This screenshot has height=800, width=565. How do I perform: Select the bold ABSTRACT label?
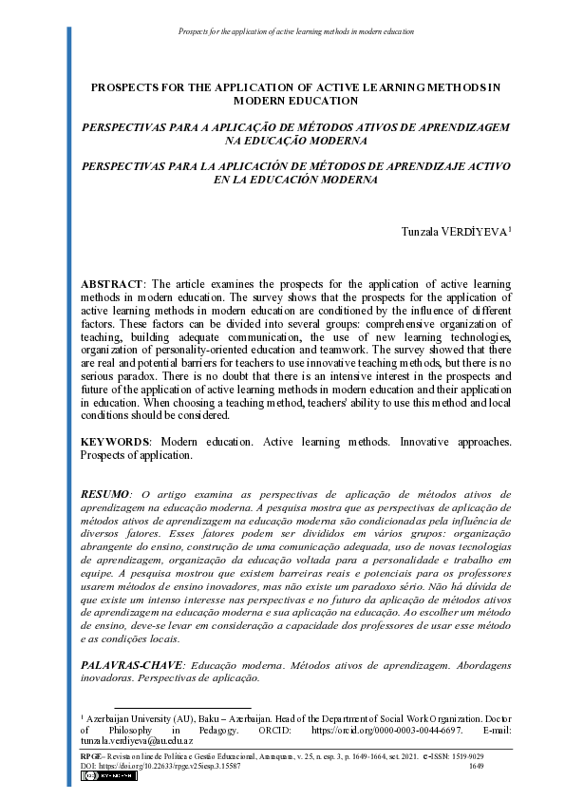111,285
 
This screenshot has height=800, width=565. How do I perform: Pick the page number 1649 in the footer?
477,764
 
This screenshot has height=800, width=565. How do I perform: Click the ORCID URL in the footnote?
388,730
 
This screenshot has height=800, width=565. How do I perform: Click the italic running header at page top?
296,32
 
